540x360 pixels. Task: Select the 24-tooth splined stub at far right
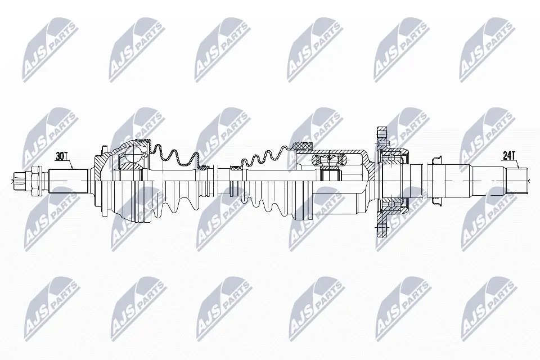pos(517,180)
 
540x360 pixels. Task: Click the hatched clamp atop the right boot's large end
pos(303,147)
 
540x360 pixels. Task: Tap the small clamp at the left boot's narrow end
pos(206,167)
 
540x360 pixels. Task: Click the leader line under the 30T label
pos(70,164)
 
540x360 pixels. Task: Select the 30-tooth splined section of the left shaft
pos(67,180)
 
